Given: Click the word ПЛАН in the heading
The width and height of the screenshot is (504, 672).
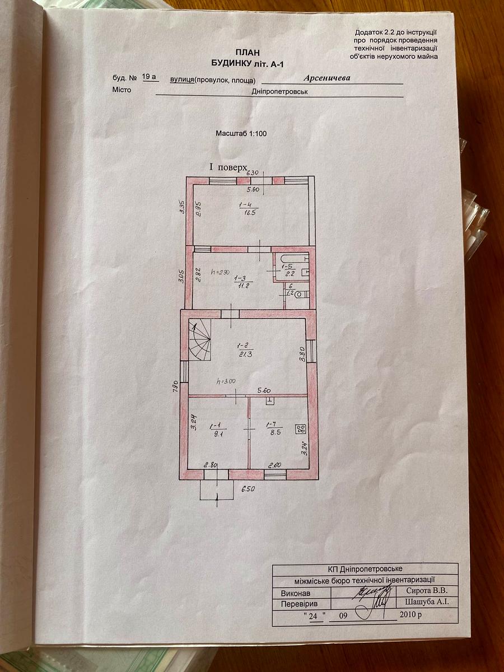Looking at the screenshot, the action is [x=248, y=53].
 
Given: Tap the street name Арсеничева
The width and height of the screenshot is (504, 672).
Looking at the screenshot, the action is [x=327, y=78].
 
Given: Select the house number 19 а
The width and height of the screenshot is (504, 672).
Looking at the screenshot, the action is [x=150, y=77].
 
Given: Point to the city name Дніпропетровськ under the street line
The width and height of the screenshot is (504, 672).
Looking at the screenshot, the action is [x=279, y=92].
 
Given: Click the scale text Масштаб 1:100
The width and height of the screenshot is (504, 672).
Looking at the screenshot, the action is [x=241, y=133].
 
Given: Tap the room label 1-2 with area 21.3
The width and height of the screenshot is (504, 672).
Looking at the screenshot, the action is [x=244, y=350].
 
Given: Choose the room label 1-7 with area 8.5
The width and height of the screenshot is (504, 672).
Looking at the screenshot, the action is [x=273, y=428].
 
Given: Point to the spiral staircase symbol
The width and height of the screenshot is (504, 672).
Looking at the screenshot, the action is [x=200, y=340].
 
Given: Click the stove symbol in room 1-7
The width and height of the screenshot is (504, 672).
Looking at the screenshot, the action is [x=300, y=429].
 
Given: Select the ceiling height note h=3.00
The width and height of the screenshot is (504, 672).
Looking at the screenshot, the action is [x=226, y=382].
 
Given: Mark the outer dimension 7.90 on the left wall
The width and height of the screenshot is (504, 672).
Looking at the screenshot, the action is [x=175, y=388].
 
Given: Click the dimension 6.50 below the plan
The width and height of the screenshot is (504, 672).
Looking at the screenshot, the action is [x=248, y=489].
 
